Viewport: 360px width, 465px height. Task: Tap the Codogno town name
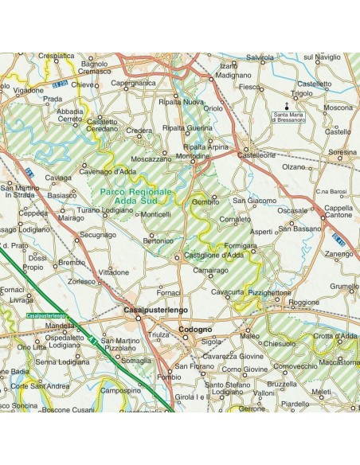(x=195, y=329)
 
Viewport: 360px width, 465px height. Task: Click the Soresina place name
(x=342, y=151)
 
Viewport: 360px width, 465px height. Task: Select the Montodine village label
(x=194, y=157)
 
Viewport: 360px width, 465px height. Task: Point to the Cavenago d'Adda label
(x=109, y=170)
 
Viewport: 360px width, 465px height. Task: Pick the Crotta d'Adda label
(x=335, y=336)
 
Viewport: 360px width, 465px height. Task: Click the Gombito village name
(x=205, y=202)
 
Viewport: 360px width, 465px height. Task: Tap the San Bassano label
(x=299, y=229)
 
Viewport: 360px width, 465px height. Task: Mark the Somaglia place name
(x=137, y=360)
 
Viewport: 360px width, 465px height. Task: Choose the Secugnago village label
(x=98, y=235)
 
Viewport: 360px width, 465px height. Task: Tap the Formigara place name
(x=241, y=246)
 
